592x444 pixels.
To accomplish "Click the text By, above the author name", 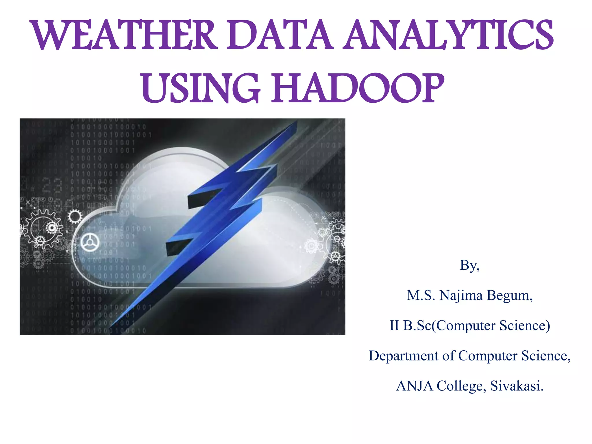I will (470, 265).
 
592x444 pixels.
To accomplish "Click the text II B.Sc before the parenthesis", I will (410, 325).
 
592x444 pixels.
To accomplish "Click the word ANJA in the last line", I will (414, 386).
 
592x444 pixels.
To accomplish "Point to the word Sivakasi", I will (517, 386).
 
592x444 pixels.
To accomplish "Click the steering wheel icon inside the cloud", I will (90, 242).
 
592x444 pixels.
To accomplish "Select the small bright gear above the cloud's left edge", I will (75, 217).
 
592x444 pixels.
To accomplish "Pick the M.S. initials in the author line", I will (421, 295).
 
